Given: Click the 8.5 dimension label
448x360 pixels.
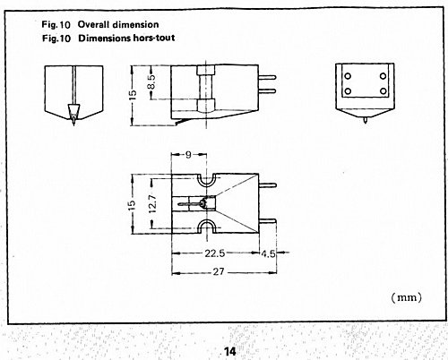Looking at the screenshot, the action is coord(151,81).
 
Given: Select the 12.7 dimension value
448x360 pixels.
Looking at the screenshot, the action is coord(152,203).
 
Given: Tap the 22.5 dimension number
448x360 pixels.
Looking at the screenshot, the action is coord(215,253).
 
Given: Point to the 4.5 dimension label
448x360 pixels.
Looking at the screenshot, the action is coord(268,254).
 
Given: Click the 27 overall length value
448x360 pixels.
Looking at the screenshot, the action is coord(219,272).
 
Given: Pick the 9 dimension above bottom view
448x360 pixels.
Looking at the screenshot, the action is coord(188,155).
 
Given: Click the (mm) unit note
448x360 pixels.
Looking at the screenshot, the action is coord(407,297).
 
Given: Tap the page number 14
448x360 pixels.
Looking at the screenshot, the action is coord(229,351).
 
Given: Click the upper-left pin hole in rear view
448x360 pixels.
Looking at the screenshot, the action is coord(348,76).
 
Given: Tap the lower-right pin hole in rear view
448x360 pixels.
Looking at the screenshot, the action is coord(383,91).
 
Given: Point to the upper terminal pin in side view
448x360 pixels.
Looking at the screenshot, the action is coord(267,78).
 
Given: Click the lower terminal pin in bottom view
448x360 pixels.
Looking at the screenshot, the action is coord(267,221).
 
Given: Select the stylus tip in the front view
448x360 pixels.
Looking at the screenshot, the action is coord(73,123).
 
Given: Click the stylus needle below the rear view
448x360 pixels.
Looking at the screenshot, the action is coord(366,120).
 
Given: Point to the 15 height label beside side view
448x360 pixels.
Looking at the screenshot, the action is coord(134,95).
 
